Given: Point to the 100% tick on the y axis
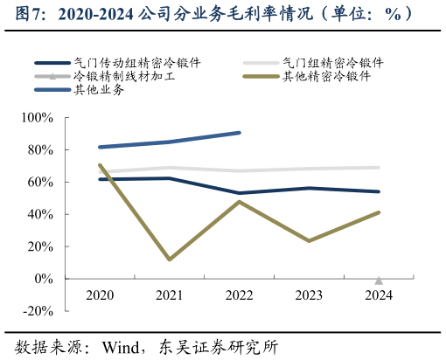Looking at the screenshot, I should pos(38,118).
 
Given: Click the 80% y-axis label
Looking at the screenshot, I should pos(41,150).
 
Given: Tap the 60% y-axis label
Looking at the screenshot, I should pos(41,182).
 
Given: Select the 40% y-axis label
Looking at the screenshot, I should pos(41,214).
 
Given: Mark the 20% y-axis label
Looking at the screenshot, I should pos(41,246).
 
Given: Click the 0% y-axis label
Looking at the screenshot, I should pos(45,279).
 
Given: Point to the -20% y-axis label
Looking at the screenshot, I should pos(38,311).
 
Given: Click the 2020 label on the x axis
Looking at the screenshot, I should pos(100,295).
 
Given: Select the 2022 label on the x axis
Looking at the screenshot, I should pos(239,295).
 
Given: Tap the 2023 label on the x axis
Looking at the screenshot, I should pos(309,295).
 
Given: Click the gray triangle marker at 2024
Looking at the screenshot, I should pos(379,280).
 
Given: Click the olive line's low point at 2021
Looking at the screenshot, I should pos(169,260).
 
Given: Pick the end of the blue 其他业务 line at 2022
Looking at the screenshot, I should pos(239,133).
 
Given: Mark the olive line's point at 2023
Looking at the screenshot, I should pos(309,240).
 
